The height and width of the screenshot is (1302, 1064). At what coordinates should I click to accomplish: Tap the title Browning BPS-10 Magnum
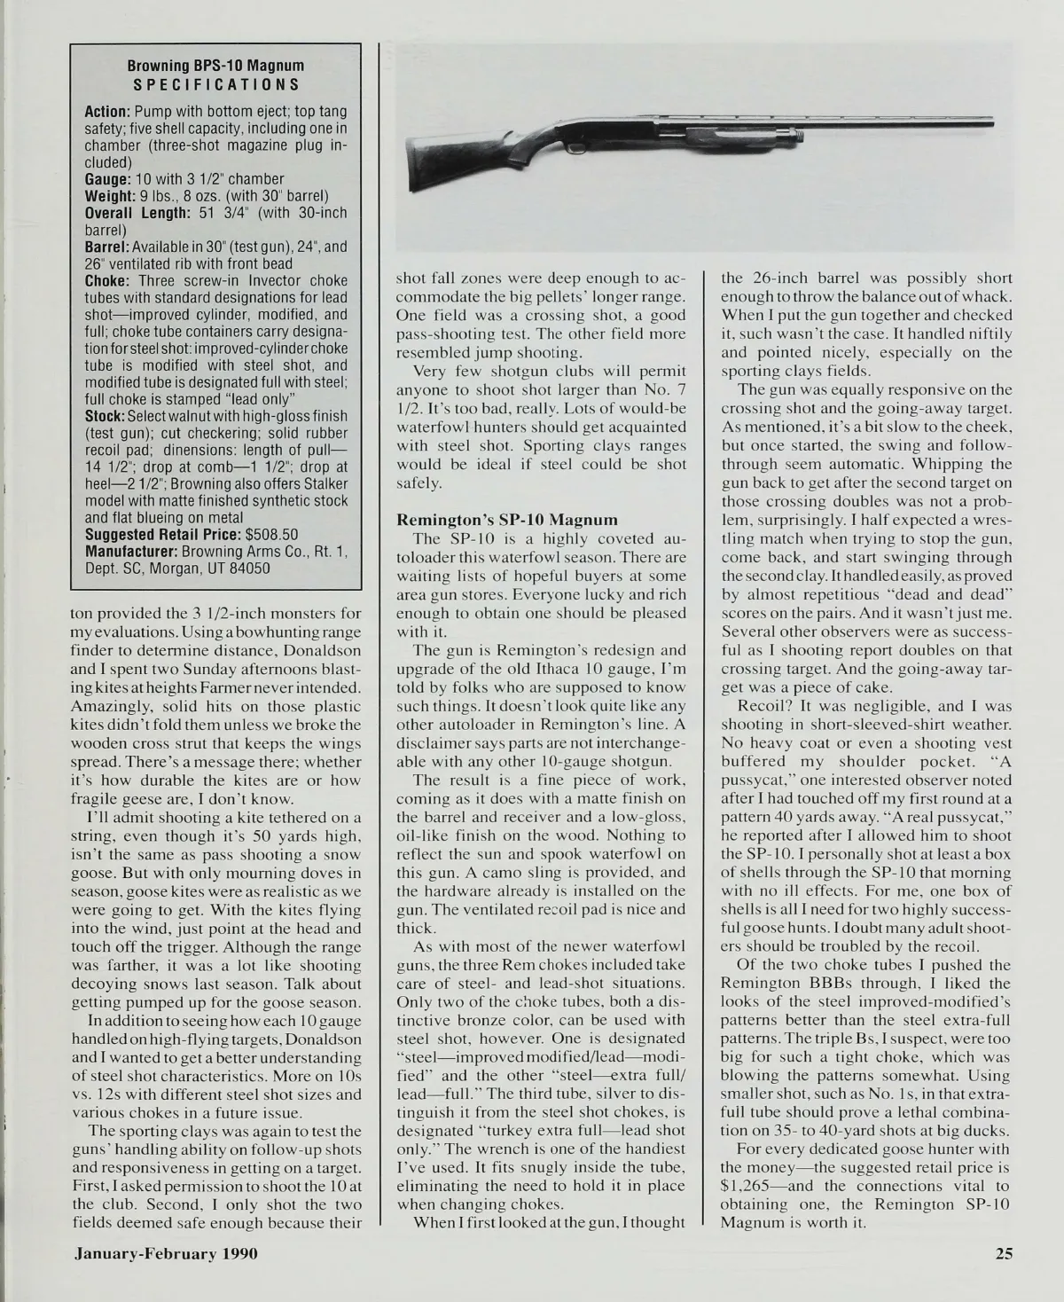tap(215, 67)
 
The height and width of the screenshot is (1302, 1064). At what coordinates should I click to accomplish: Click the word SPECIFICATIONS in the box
tap(215, 85)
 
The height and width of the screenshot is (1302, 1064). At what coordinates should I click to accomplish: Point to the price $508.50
tap(271, 535)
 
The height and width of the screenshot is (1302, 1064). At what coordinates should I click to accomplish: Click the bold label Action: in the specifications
tap(108, 113)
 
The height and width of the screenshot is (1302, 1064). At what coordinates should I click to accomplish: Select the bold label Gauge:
tap(107, 180)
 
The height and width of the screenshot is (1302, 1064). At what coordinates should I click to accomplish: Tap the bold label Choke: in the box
tap(106, 281)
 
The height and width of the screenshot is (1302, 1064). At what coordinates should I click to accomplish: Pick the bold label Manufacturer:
tap(130, 552)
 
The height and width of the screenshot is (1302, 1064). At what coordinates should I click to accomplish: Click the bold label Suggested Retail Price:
tap(163, 535)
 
